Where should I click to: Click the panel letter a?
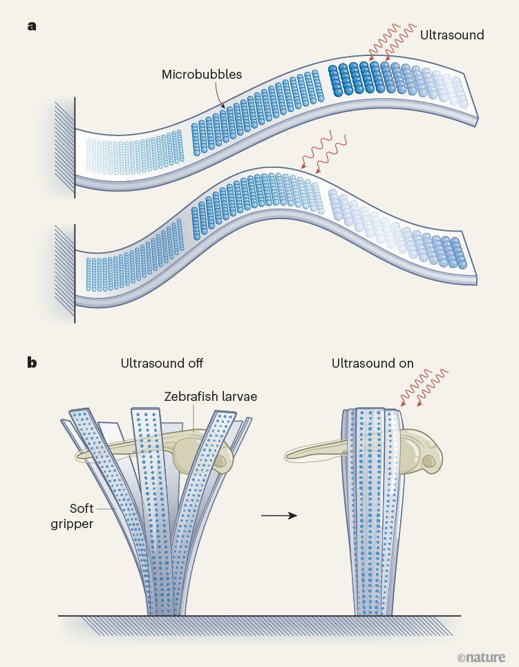pyautogui.click(x=32, y=27)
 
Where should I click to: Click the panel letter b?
pyautogui.click(x=32, y=361)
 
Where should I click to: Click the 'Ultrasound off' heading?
pyautogui.click(x=162, y=363)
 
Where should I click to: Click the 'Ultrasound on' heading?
pyautogui.click(x=372, y=363)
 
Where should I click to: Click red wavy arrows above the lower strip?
pyautogui.click(x=314, y=152)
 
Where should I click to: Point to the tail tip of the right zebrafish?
pyautogui.click(x=288, y=473)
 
